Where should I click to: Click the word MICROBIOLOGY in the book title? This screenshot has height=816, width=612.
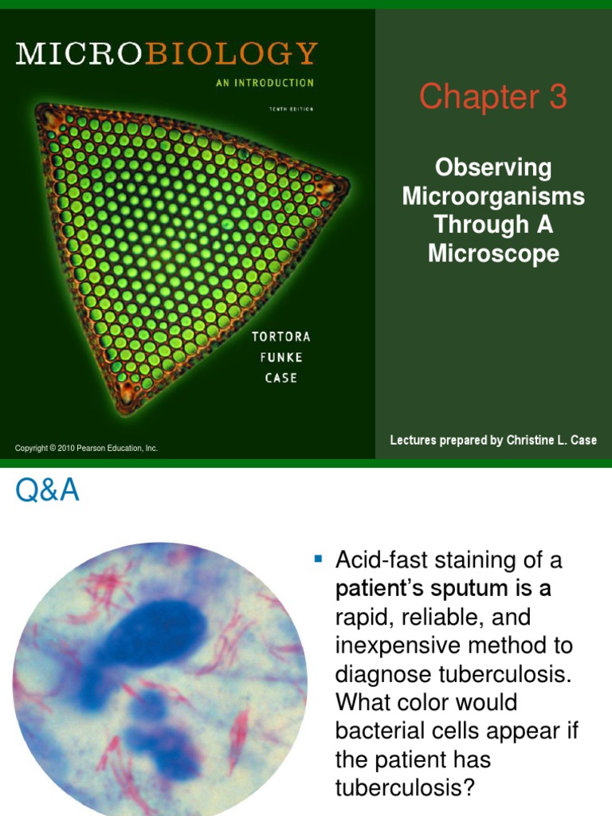click(x=167, y=54)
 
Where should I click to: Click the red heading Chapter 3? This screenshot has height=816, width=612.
click(x=492, y=97)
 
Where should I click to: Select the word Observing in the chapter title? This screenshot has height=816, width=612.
click(x=493, y=167)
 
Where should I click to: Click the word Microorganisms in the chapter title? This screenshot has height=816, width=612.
click(x=493, y=196)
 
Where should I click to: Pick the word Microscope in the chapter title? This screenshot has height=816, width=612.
click(x=493, y=253)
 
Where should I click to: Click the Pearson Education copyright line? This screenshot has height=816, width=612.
click(x=86, y=449)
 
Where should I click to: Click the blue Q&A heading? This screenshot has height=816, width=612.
click(x=47, y=491)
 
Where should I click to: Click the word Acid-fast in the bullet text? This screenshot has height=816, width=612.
click(x=380, y=560)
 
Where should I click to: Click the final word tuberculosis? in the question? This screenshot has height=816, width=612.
click(x=405, y=787)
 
